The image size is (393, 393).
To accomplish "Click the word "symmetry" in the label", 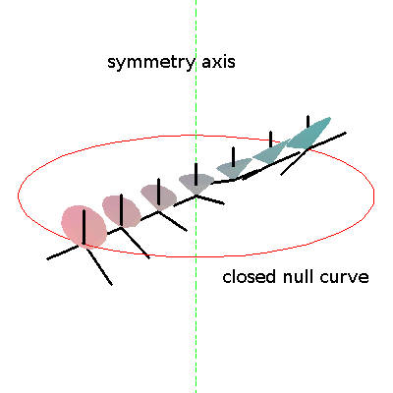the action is click(x=151, y=62).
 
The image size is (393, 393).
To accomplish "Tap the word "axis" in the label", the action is click(x=218, y=62).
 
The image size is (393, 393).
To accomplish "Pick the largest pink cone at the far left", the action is click(x=84, y=226).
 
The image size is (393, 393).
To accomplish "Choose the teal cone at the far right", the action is click(x=309, y=134).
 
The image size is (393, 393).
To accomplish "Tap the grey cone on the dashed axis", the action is click(x=196, y=184).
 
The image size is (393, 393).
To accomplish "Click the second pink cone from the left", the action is click(x=121, y=211).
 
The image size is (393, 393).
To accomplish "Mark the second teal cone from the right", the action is click(x=271, y=151).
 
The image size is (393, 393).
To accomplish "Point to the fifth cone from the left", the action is click(x=234, y=169).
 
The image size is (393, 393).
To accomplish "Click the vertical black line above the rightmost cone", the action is click(x=308, y=122).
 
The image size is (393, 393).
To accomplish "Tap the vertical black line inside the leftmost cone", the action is click(x=84, y=227).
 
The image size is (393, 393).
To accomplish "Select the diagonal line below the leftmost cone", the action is click(x=98, y=265).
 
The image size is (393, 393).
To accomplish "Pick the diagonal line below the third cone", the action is click(x=173, y=221).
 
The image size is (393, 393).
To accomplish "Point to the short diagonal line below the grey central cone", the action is click(x=210, y=199).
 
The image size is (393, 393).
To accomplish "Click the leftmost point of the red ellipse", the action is click(x=18, y=196).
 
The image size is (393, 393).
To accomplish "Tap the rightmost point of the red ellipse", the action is click(x=374, y=196).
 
